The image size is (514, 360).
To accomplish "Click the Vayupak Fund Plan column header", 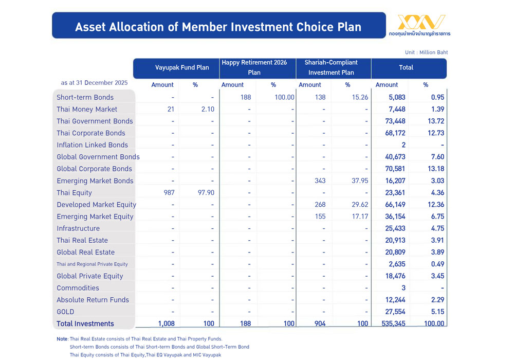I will click(x=182, y=68).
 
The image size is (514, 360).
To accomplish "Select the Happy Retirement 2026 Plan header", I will click(x=254, y=67).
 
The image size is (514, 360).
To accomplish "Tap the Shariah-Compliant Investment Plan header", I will click(x=331, y=67).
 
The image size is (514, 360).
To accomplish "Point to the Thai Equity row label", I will click(x=74, y=193).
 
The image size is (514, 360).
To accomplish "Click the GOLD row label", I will click(x=65, y=312).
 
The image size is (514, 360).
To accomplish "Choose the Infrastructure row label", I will click(x=78, y=228).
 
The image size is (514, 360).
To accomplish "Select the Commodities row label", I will click(x=78, y=288).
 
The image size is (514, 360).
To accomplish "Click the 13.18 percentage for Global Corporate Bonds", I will click(x=435, y=169).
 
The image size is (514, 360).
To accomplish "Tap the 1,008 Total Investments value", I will click(x=165, y=324).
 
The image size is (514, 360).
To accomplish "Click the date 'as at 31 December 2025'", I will click(x=94, y=83).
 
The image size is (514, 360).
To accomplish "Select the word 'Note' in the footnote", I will click(x=62, y=339).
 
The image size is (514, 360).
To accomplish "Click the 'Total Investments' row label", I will click(x=85, y=324).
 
